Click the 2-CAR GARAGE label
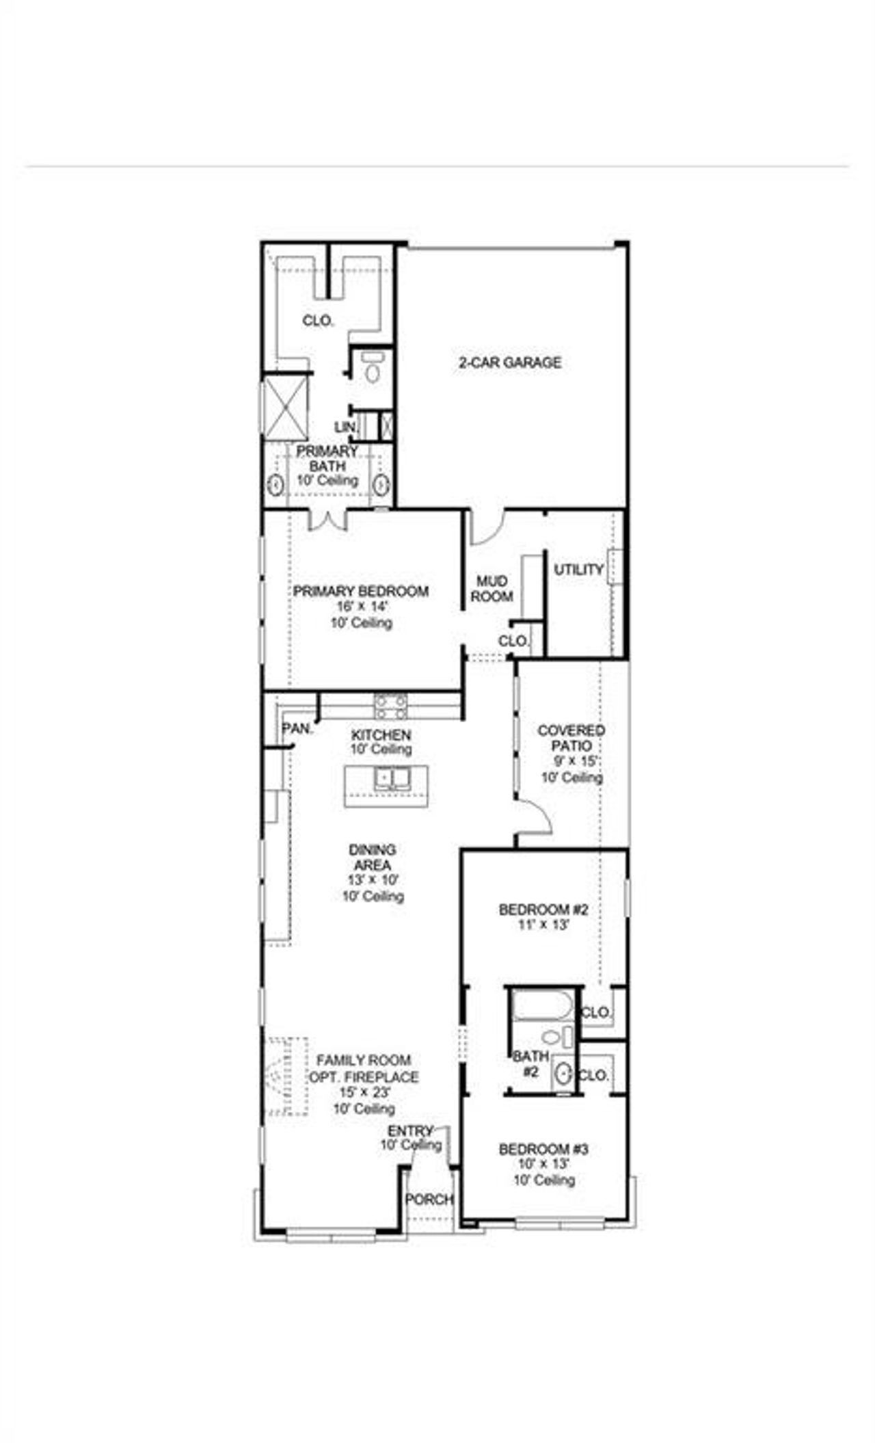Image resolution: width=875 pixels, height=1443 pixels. click(510, 362)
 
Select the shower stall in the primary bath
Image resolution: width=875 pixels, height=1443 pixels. click(286, 408)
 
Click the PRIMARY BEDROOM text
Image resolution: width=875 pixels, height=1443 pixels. click(361, 592)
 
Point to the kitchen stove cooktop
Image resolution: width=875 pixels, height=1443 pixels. click(390, 706)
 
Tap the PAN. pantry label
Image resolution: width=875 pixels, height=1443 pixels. click(297, 729)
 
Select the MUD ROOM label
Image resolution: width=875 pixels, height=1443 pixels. click(492, 589)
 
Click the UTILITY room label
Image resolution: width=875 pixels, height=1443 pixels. click(578, 570)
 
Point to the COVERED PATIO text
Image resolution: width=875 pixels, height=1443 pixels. click(571, 738)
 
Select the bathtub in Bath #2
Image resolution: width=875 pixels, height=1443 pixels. click(543, 1006)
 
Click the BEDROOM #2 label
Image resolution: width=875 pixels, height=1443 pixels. click(543, 910)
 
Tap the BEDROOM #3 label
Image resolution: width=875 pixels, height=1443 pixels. click(543, 1150)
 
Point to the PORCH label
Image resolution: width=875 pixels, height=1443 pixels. click(429, 1200)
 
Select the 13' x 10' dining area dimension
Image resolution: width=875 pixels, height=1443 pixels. click(373, 880)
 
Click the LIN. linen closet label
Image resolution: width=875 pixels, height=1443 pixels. click(345, 427)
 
